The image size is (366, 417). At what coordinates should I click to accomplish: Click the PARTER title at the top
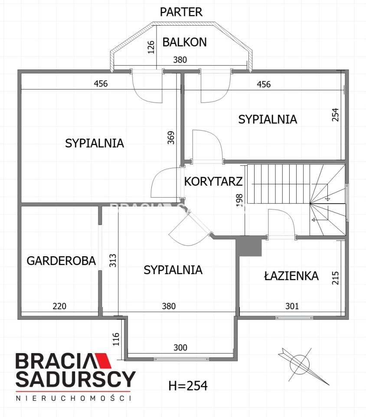181,12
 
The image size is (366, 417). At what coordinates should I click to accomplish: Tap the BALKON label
184,42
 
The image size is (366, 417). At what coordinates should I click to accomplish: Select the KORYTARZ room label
213,182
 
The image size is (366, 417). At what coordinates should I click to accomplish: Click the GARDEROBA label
61,261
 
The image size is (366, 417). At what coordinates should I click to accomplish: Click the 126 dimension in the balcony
151,47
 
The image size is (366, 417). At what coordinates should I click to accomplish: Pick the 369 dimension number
171,138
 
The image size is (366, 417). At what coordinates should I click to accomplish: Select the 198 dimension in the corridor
239,200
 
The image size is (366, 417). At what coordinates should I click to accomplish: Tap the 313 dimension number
113,261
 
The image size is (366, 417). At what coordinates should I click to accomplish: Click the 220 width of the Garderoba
59,306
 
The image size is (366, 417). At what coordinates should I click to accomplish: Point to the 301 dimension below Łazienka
292,306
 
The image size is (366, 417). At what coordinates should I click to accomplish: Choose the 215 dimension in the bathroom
336,278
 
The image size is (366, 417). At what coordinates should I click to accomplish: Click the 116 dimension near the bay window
116,339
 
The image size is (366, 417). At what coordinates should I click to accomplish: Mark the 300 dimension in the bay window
180,347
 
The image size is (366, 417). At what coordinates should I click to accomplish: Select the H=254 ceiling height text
188,386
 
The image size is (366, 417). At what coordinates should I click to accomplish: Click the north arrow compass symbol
300,364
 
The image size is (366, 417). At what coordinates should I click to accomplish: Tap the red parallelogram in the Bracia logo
104,363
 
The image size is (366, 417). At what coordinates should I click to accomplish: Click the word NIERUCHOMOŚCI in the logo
74,398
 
